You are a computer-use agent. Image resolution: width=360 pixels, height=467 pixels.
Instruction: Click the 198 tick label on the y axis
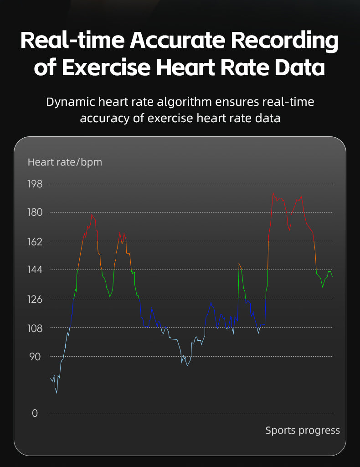35,184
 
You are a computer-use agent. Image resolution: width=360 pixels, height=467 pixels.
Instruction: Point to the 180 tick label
35,213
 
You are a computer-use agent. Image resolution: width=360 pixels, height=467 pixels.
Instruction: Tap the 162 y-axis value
35,241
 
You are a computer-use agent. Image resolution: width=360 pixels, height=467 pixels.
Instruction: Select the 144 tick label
35,270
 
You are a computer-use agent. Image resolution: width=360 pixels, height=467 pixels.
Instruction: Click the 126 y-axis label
35,299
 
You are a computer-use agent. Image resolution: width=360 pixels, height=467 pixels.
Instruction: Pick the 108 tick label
35,328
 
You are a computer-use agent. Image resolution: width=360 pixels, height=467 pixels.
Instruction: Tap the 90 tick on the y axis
35,357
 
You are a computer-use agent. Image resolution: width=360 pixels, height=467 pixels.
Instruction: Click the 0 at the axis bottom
35,413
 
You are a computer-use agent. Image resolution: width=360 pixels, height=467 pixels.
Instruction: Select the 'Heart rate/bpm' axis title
65,162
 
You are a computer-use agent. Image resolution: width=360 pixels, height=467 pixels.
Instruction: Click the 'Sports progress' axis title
303,430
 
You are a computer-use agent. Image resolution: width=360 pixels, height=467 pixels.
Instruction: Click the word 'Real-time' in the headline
72,41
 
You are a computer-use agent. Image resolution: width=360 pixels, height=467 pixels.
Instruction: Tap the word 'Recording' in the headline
285,41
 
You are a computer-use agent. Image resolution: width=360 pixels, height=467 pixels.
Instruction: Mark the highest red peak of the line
273,192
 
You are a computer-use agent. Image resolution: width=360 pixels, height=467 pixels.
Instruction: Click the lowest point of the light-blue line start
57,393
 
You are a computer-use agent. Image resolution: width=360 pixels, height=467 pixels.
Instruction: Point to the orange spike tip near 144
239,263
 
